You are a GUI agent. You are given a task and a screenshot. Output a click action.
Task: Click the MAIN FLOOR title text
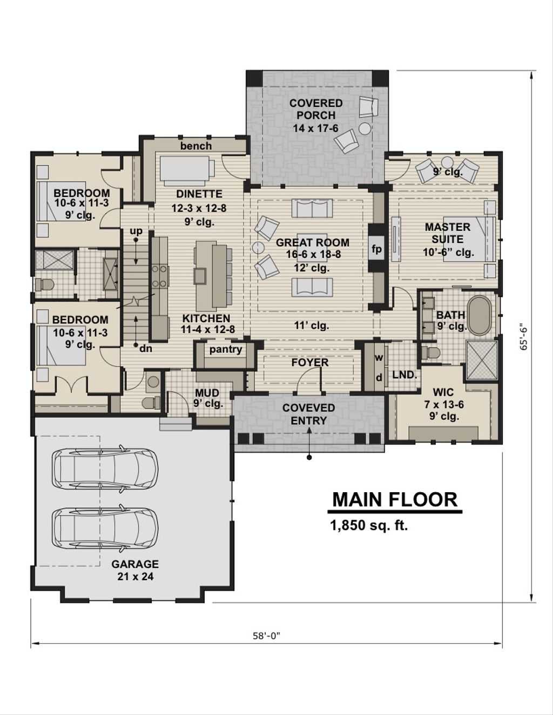point(394,500)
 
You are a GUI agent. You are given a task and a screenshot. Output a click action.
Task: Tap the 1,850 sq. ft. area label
point(369,526)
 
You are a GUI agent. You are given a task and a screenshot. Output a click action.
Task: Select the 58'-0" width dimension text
point(267,635)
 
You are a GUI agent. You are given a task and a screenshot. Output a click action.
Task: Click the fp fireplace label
point(376,249)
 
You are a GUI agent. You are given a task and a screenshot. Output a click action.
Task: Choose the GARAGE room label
point(135,564)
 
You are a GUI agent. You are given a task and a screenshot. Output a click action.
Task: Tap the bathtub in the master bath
point(480,316)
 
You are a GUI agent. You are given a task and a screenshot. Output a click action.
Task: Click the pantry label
point(226,349)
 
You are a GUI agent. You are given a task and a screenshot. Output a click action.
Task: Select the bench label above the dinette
point(196,146)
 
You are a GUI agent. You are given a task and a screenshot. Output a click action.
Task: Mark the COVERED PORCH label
point(316,109)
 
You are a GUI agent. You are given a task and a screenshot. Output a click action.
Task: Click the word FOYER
point(310,363)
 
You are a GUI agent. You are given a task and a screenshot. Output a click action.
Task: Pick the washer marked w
point(379,358)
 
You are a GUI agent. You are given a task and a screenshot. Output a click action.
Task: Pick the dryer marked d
point(379,378)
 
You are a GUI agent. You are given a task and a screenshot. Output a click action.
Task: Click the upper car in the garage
point(105,467)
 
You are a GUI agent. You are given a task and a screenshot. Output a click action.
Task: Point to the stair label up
point(136,231)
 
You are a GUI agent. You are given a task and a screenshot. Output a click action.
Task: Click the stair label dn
point(145,349)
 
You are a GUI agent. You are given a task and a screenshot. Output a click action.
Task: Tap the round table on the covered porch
point(365,128)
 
